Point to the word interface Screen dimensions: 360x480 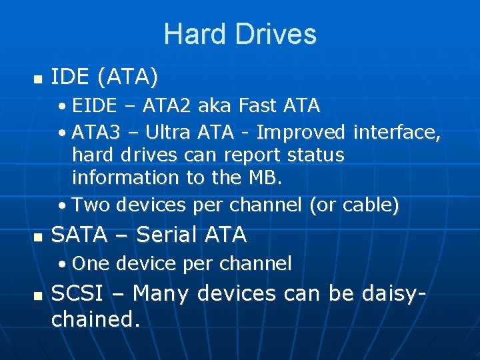pos(397,133)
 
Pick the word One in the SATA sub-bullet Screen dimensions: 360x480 pos(90,264)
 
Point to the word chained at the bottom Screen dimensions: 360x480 pos(93,319)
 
